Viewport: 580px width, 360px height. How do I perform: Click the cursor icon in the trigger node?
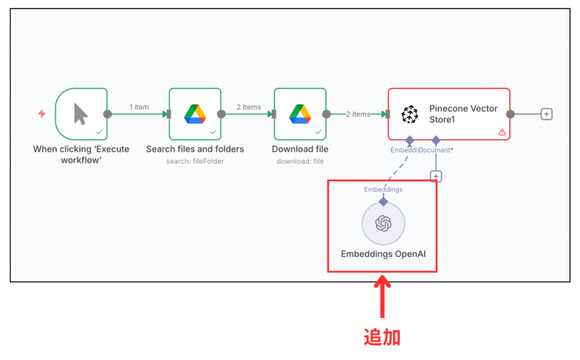click(81, 114)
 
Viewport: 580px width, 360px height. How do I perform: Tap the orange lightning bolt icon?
click(41, 113)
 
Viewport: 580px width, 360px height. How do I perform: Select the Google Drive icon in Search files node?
click(194, 114)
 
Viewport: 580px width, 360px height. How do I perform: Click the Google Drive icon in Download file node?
click(300, 114)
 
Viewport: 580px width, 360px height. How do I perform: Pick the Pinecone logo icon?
click(409, 114)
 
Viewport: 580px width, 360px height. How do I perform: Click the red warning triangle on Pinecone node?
click(502, 132)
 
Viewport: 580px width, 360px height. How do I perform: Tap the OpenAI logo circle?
click(383, 224)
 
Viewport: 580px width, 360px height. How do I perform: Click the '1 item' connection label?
click(139, 107)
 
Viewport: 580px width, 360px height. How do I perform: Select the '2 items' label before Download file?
click(248, 107)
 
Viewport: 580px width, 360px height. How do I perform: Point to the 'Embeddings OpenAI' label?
click(383, 254)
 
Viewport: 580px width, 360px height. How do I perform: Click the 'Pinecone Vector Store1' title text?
click(463, 114)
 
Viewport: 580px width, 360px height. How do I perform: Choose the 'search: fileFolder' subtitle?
click(195, 161)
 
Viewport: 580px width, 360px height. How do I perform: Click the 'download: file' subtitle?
click(300, 161)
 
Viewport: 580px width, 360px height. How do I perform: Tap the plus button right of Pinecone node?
click(546, 114)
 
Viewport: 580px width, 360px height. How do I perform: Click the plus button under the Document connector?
click(436, 176)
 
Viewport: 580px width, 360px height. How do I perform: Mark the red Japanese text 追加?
click(382, 337)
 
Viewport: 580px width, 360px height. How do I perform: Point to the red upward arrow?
click(383, 297)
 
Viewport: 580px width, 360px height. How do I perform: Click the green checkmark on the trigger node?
click(99, 132)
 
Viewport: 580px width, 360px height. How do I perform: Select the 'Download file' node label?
click(300, 149)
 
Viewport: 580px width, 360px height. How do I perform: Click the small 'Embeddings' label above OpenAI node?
click(383, 189)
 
